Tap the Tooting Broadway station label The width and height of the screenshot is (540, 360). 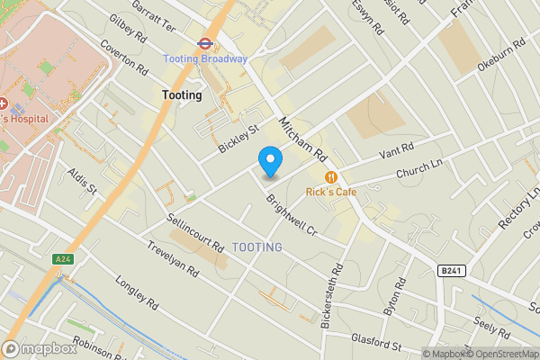204,59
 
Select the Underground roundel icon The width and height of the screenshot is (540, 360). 204,41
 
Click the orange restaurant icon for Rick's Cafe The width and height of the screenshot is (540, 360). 332,177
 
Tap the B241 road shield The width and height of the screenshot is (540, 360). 452,270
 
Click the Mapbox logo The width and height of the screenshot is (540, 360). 40,349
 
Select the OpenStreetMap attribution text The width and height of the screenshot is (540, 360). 499,354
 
